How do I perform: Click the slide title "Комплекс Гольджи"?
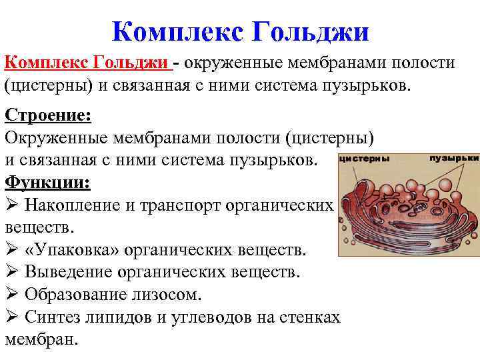(240, 31)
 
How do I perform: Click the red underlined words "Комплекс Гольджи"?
(87, 63)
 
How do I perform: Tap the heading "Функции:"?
(47, 182)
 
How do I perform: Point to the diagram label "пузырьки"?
(454, 159)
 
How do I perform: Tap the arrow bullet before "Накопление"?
(11, 205)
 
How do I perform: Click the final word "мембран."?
(41, 339)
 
